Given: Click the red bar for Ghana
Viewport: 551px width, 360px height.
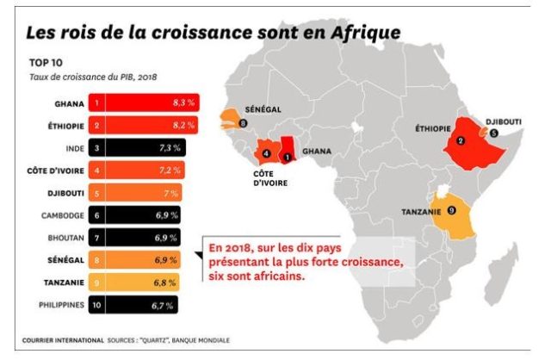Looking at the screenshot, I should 146,103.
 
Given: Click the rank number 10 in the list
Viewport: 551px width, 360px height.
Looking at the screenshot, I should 98,304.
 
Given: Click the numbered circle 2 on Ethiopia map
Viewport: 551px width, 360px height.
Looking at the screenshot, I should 461,141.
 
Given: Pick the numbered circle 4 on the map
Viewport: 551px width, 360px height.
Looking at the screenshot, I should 266,154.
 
